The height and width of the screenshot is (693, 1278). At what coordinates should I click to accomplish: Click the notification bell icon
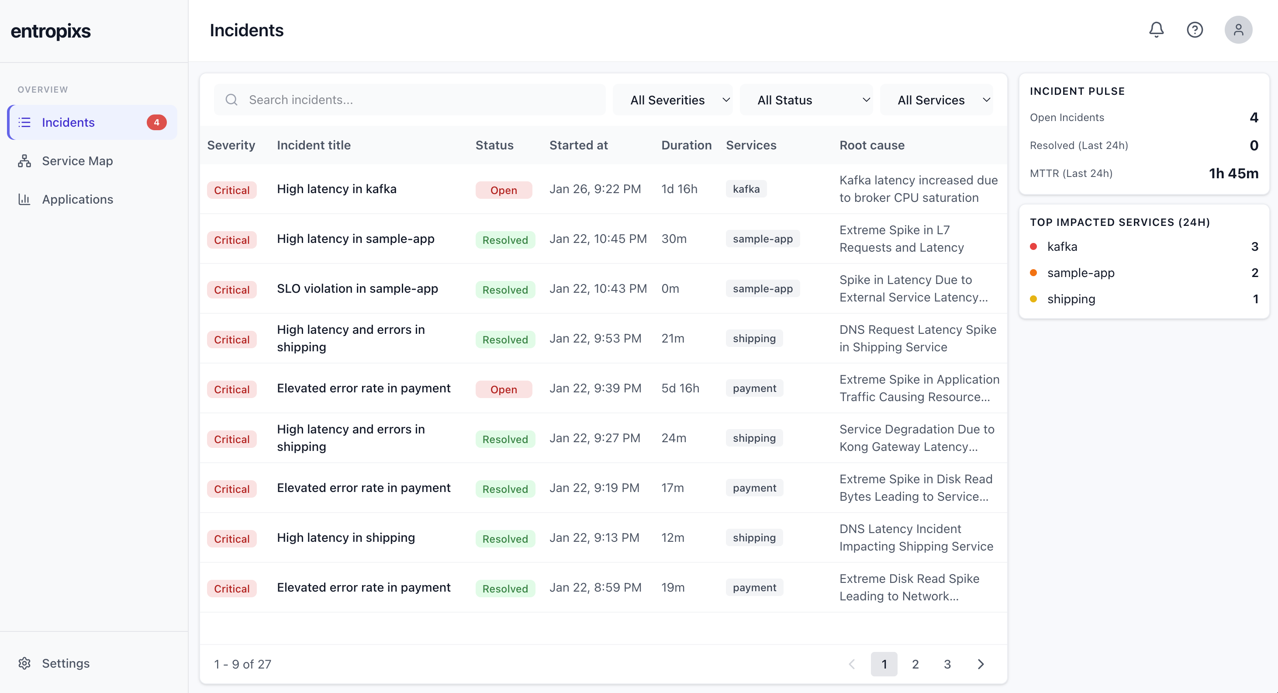tap(1156, 30)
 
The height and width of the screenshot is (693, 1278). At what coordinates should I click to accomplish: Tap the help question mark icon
tap(1195, 30)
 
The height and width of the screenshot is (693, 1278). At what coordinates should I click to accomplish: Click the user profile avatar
tap(1238, 30)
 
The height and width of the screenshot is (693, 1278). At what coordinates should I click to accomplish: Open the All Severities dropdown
tap(672, 100)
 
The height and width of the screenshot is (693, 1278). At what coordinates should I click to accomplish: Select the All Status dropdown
tap(806, 100)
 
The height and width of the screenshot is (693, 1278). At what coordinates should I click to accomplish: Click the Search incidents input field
tap(409, 100)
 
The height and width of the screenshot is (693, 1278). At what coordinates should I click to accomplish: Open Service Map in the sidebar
tap(77, 161)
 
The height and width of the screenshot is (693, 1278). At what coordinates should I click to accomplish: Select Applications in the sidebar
tap(77, 199)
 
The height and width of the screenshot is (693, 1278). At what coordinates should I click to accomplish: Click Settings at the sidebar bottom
tap(66, 663)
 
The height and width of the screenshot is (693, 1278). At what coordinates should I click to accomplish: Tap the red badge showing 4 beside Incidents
tap(156, 122)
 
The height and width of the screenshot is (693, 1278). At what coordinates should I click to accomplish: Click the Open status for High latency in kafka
tap(504, 190)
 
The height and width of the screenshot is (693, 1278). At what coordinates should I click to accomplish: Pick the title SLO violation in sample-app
tap(357, 288)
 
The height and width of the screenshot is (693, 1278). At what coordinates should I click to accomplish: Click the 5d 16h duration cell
tap(680, 388)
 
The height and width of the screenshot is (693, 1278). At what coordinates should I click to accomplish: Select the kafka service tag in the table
tap(746, 189)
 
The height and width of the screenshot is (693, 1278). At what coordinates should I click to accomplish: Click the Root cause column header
tap(872, 145)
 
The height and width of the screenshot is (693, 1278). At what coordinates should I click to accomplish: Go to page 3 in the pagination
tap(947, 664)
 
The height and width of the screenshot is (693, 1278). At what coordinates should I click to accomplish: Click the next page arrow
tap(980, 664)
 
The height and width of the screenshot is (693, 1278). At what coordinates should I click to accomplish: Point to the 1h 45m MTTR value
tap(1233, 173)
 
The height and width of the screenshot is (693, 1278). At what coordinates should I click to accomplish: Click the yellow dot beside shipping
tap(1033, 299)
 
